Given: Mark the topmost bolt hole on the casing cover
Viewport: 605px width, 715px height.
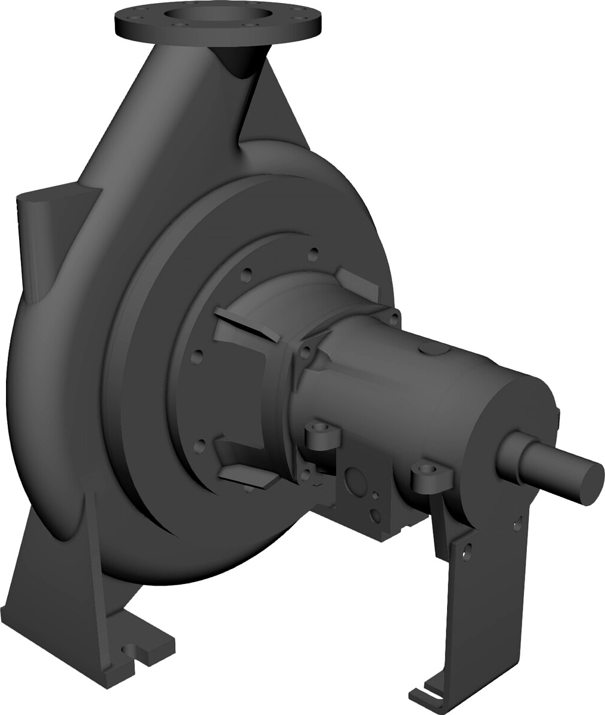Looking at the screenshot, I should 312,255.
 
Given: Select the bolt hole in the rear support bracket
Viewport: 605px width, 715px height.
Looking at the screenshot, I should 467,549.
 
